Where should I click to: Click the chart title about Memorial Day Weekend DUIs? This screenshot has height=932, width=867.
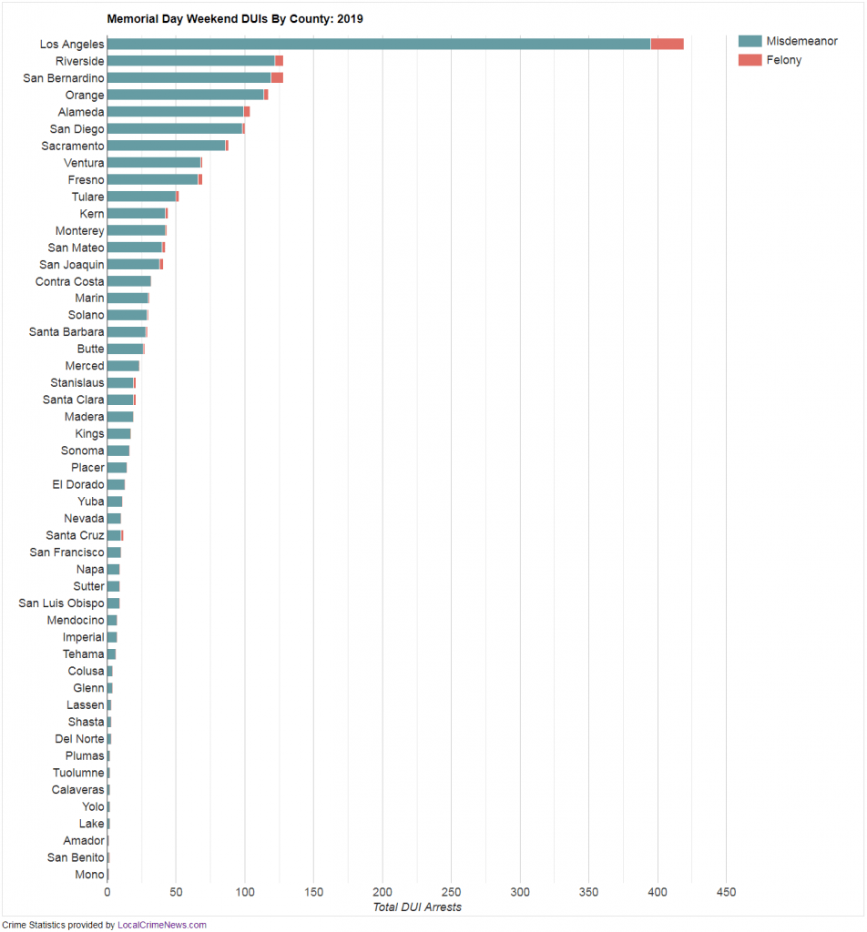[x=235, y=18]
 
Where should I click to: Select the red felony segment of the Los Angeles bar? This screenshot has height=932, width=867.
[x=667, y=44]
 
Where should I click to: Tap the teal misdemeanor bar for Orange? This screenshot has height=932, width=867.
[x=185, y=95]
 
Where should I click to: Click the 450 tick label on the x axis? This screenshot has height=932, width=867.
[x=726, y=892]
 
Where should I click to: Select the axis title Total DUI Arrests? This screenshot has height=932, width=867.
[x=417, y=907]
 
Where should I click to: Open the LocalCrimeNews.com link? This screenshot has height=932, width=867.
[x=162, y=925]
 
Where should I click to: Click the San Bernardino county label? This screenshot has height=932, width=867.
[x=64, y=78]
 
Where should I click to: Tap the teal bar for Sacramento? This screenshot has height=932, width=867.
[x=166, y=146]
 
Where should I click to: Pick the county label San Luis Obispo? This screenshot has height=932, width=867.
[x=61, y=603]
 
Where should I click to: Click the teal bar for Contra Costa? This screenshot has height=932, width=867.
[x=128, y=281]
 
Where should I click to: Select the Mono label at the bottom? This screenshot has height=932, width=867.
[x=89, y=875]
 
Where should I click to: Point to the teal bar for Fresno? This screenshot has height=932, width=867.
[x=152, y=179]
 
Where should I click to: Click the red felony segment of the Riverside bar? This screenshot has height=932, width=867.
[x=279, y=61]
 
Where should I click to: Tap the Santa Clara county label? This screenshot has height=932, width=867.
[x=74, y=400]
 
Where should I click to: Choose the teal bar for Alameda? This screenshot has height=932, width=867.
[x=175, y=112]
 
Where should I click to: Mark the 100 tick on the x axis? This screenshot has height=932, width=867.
[x=245, y=892]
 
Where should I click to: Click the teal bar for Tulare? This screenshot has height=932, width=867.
[x=141, y=197]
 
